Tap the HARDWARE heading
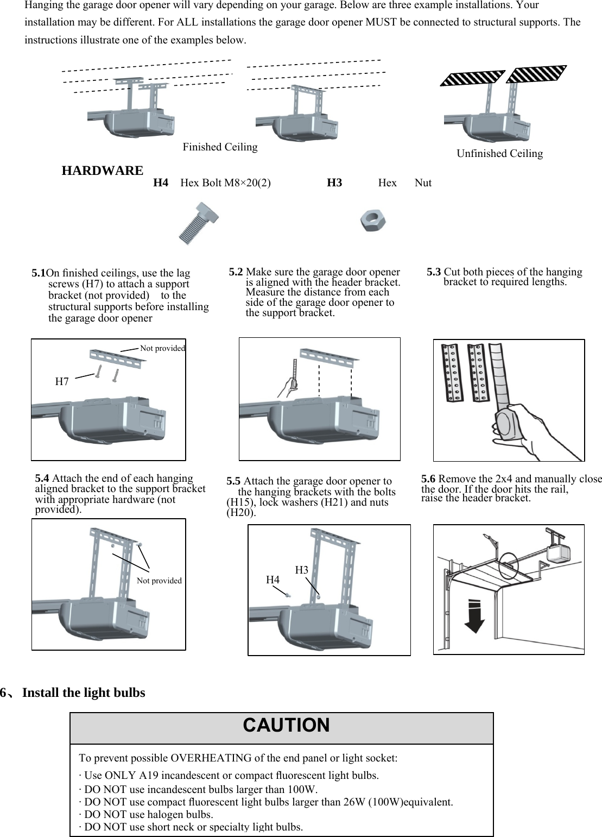pos(103,171)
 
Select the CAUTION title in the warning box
pos(286,726)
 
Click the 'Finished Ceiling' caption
pos(220,147)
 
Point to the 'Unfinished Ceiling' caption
pos(499,154)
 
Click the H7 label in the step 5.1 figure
pos(62,382)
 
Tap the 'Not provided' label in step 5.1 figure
pos(162,348)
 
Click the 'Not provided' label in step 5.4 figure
pos(159,581)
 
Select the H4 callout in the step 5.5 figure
pos(273,580)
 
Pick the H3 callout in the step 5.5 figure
pos(301,570)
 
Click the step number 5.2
pos(236,272)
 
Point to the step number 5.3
pos(434,272)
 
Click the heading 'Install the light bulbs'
pos(84,693)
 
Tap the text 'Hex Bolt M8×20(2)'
pos(225,183)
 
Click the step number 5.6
pos(428,479)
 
